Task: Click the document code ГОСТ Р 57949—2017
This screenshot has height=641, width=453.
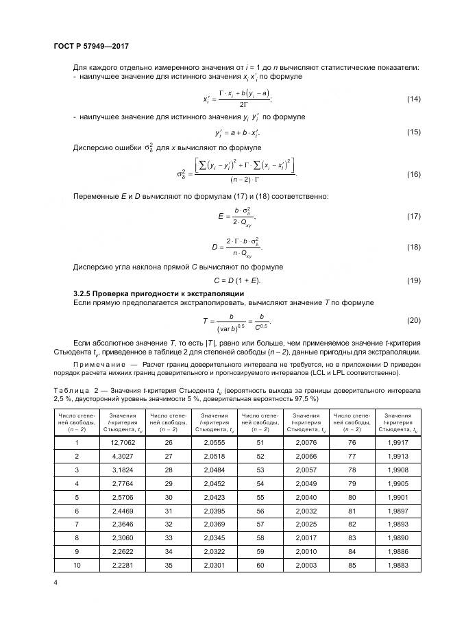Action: [91, 46]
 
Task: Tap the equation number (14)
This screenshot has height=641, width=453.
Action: [413, 99]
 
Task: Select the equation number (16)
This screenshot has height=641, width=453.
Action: [413, 175]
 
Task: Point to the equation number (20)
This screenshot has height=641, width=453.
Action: [413, 321]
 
